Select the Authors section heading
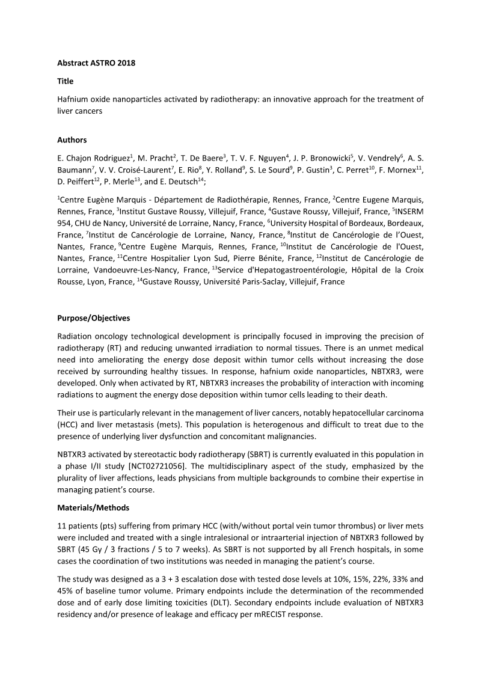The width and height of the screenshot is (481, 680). point(72,140)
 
